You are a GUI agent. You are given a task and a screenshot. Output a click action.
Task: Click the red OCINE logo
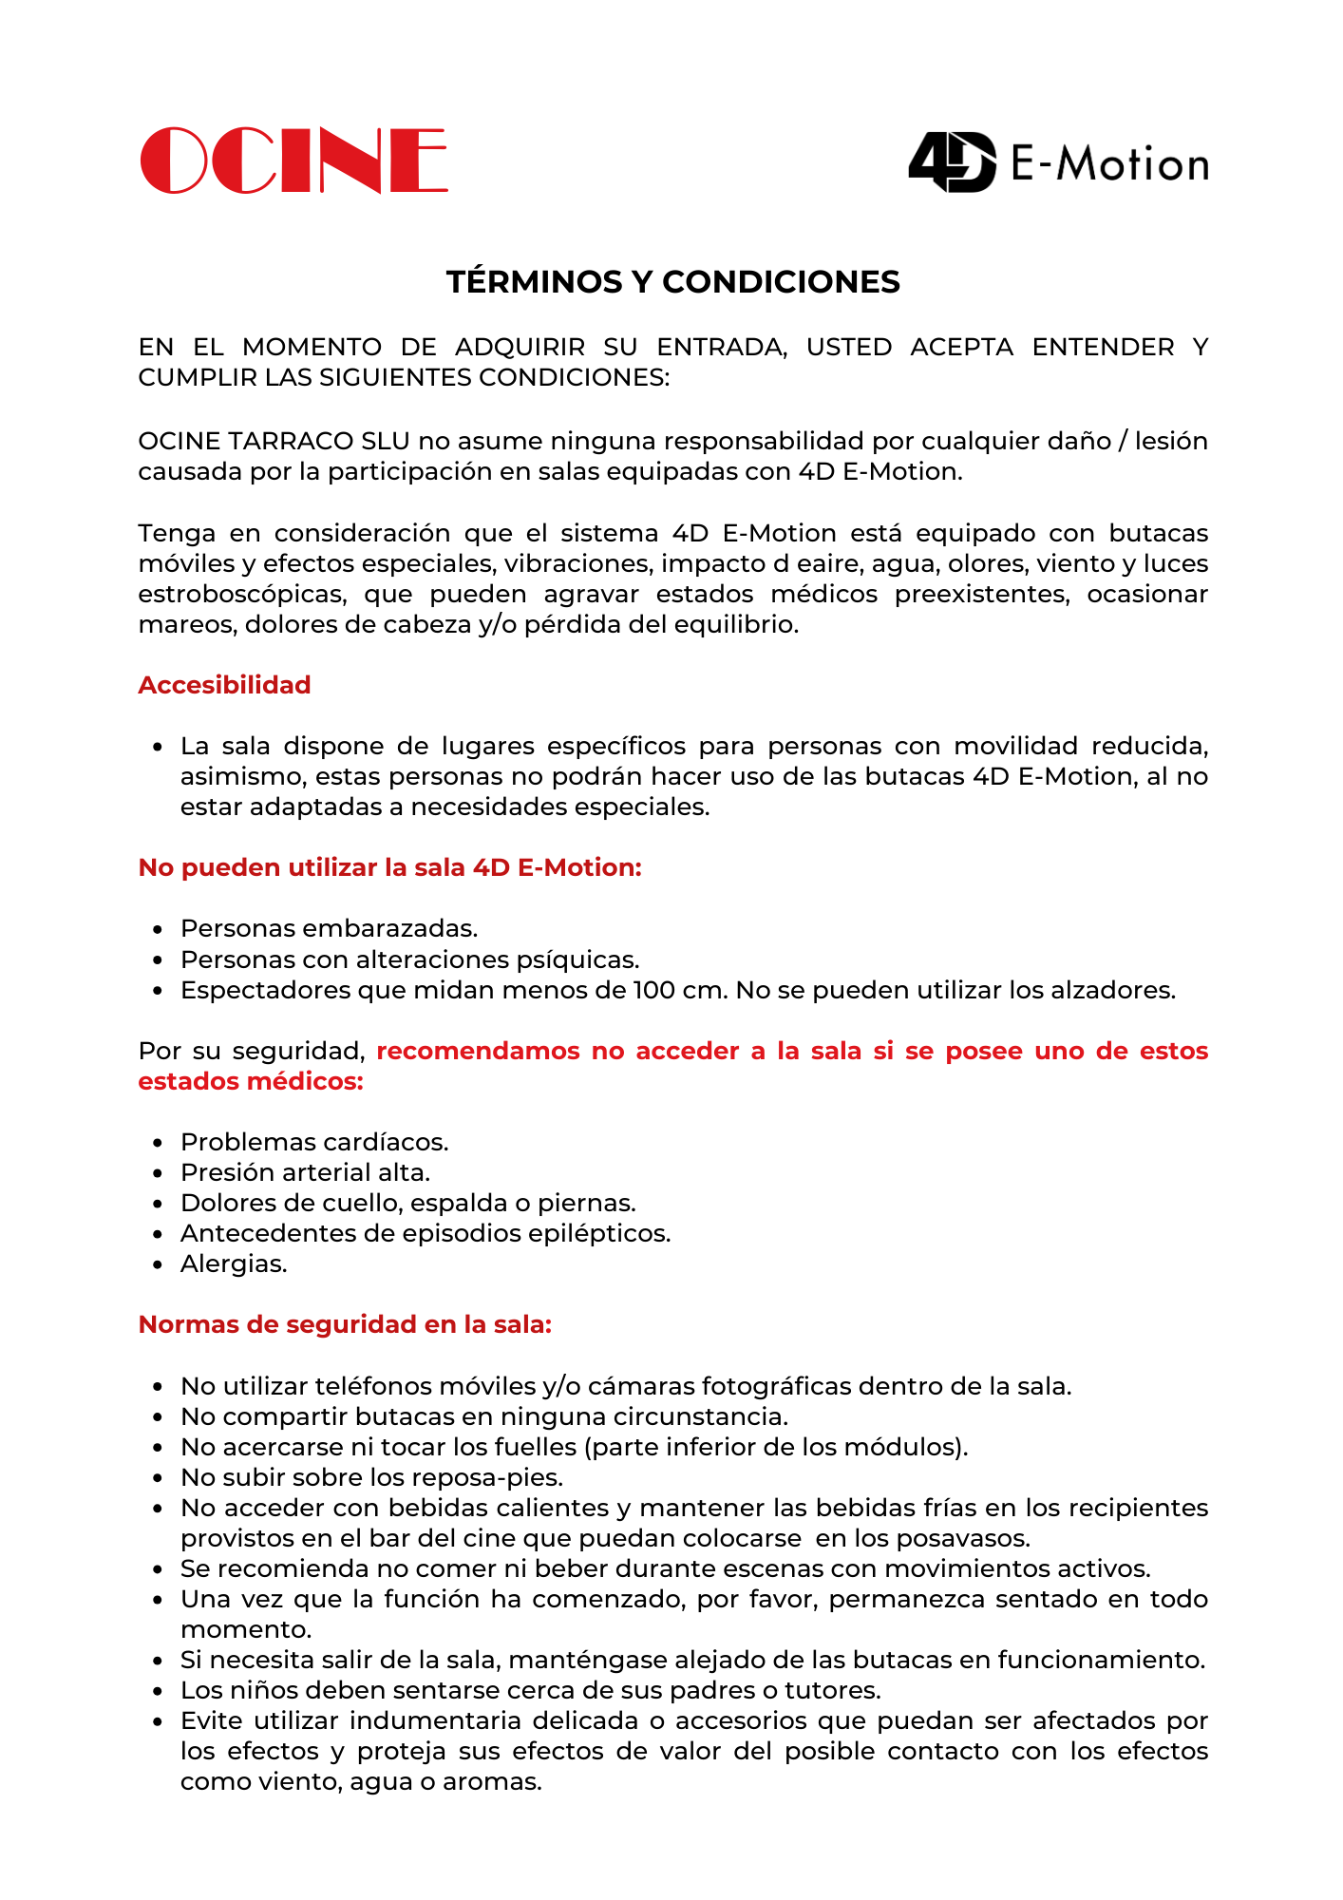(x=293, y=161)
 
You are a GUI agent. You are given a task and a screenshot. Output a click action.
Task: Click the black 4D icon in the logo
(x=953, y=162)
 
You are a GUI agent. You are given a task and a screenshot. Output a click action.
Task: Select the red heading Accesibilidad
(x=224, y=685)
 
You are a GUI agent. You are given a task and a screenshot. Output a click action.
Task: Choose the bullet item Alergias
(x=234, y=1263)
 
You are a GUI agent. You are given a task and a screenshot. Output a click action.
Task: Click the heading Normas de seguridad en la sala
(x=345, y=1324)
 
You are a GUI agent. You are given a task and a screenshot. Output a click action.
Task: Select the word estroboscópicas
(x=241, y=595)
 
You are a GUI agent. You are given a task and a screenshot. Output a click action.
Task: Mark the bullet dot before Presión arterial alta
(x=159, y=1173)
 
